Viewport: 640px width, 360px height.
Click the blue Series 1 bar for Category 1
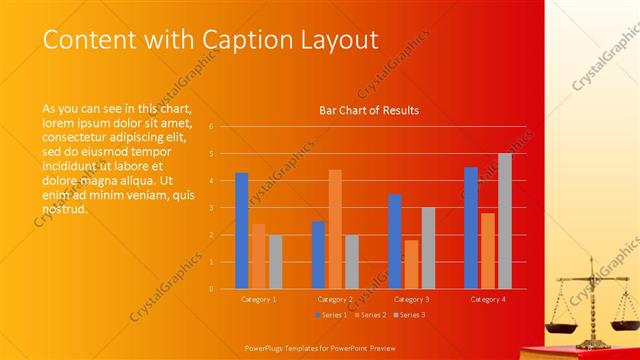click(x=241, y=231)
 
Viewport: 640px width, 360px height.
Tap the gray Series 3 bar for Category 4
click(x=505, y=221)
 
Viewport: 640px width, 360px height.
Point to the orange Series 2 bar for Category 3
click(x=411, y=264)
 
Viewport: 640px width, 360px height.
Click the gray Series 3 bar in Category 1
click(x=275, y=262)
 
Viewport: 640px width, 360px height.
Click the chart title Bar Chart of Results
click(x=369, y=110)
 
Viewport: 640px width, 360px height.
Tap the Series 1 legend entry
click(x=333, y=315)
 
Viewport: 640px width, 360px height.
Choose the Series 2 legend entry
click(x=370, y=315)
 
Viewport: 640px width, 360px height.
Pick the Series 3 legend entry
click(x=408, y=315)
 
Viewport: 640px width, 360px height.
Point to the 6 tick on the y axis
click(x=211, y=126)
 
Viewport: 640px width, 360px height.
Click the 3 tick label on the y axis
click(x=211, y=208)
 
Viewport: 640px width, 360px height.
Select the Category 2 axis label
click(x=335, y=299)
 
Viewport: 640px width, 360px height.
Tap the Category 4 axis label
click(x=488, y=299)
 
